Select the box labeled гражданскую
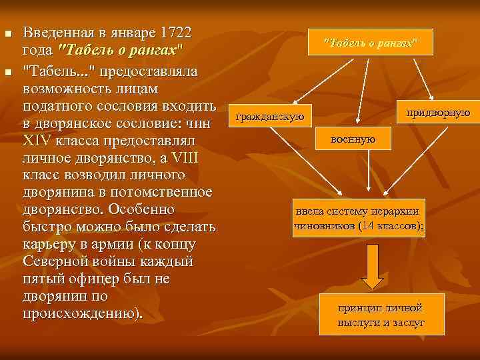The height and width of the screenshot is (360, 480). [270, 117]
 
